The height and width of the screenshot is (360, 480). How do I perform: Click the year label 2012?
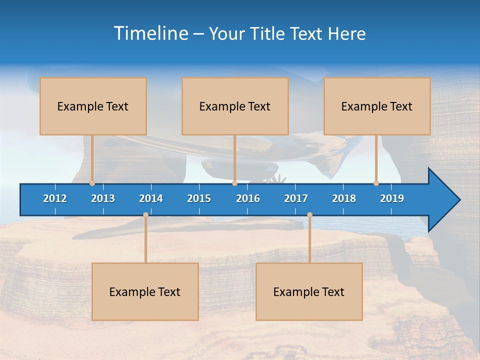pos(55,198)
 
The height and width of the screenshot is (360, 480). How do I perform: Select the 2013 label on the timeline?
pos(103,198)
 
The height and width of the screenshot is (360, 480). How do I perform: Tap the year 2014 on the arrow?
pos(151,198)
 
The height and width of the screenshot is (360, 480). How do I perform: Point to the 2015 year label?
pos(199,198)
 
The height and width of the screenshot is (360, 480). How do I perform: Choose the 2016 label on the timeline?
pos(248,198)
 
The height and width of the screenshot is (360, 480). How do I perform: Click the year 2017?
pos(296,198)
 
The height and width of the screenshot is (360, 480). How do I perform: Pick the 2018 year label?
pos(344,198)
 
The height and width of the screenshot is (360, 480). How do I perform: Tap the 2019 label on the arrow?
pos(392,198)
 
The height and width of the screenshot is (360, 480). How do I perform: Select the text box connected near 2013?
pos(93,106)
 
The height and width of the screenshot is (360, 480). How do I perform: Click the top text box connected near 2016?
pos(235,106)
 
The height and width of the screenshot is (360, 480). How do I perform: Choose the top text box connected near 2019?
pos(377,106)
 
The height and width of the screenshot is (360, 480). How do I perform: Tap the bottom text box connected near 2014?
pos(145,291)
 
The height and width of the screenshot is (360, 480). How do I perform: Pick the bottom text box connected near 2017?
pos(309,291)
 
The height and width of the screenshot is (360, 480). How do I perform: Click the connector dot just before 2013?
pos(92,183)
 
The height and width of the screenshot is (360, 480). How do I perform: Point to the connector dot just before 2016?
pos(235,183)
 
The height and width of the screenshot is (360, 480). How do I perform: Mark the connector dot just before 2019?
pos(376,183)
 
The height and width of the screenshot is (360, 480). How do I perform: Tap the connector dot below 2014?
pos(145,215)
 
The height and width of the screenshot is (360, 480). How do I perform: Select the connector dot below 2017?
pos(309,215)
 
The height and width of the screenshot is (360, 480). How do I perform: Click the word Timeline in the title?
pos(150,33)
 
